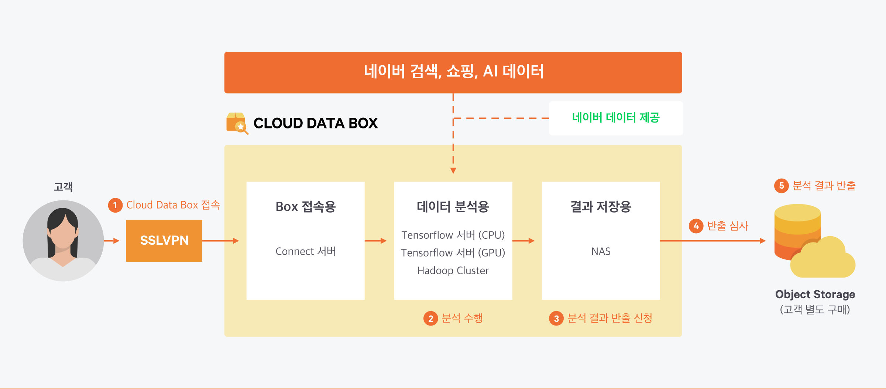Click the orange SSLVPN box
[164, 241]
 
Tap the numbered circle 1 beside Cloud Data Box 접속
[115, 205]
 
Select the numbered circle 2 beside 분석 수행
[430, 319]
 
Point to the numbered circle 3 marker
[556, 319]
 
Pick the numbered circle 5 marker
[781, 186]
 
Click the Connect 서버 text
[306, 251]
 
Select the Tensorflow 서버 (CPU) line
[453, 235]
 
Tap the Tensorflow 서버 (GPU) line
[453, 253]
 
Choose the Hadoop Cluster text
[453, 271]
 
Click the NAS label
[601, 251]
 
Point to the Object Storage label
[815, 294]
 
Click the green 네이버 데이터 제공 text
[616, 118]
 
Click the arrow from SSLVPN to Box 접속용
[221, 241]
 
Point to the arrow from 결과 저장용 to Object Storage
[713, 241]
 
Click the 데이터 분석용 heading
[453, 207]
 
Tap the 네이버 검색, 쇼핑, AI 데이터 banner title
[454, 71]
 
